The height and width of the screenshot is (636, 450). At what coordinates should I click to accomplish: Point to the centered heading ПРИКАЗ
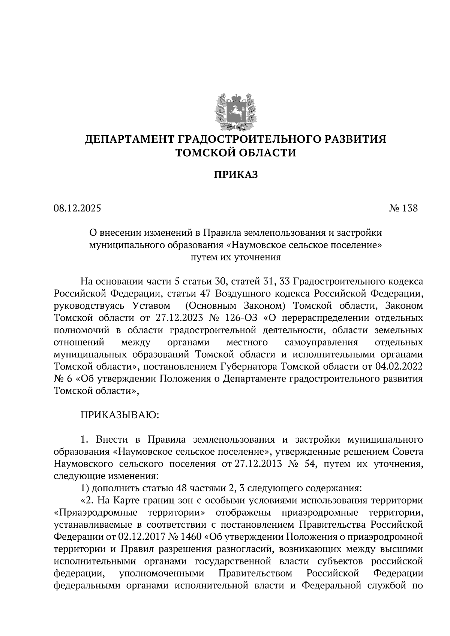pyautogui.click(x=236, y=175)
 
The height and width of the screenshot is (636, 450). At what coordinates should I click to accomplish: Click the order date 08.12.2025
pyautogui.click(x=77, y=208)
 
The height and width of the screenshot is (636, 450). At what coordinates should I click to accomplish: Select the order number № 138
pyautogui.click(x=403, y=208)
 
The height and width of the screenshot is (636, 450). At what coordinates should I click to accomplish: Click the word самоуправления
pyautogui.click(x=321, y=342)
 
